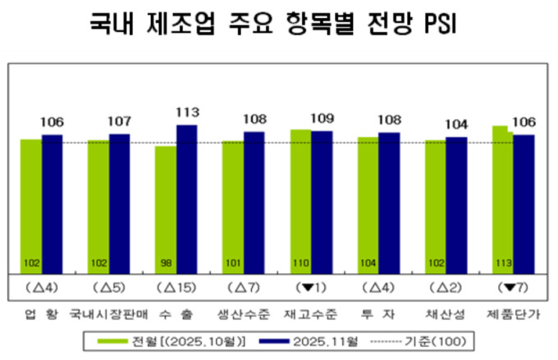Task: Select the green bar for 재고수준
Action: tap(300, 201)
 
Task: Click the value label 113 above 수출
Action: tap(187, 112)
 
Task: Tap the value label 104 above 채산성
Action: tap(456, 125)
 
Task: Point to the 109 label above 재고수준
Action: tap(322, 118)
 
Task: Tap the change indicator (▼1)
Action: tap(311, 287)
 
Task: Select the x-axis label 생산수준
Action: tap(243, 314)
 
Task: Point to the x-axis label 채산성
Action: tap(446, 314)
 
